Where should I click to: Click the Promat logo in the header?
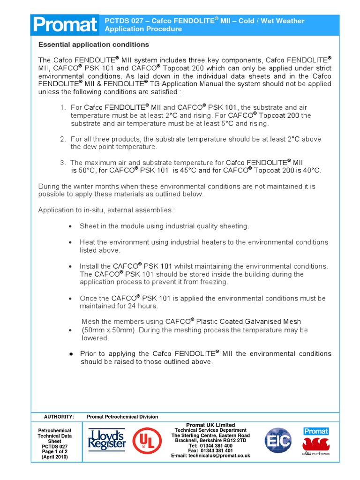pos(65,25)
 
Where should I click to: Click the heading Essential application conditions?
pos(93,45)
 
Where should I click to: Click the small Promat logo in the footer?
pos(316,431)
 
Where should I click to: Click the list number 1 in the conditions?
pos(63,107)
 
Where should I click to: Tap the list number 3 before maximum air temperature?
pos(63,162)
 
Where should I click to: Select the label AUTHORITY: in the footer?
pos(59,417)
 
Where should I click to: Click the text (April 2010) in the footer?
pos(54,457)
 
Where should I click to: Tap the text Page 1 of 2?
pos(54,452)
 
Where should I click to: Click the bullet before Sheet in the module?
pos(70,226)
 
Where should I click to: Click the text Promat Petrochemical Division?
pos(122,417)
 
